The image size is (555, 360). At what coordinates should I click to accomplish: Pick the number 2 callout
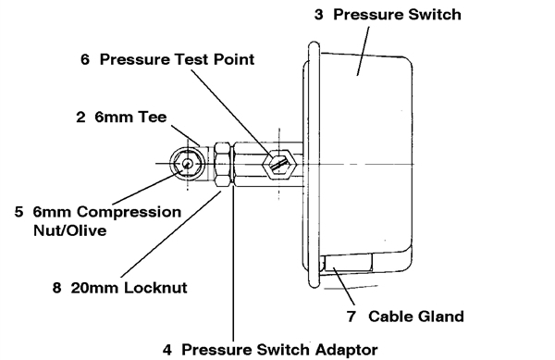point(80,118)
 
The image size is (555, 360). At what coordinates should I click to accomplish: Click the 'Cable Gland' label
point(416,317)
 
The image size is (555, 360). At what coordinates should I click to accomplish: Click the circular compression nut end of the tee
point(187,163)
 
